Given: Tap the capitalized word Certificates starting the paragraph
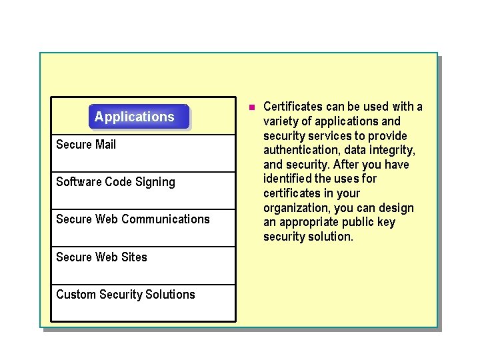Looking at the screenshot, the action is click(x=293, y=107).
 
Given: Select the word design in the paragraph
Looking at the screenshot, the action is click(x=397, y=208).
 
